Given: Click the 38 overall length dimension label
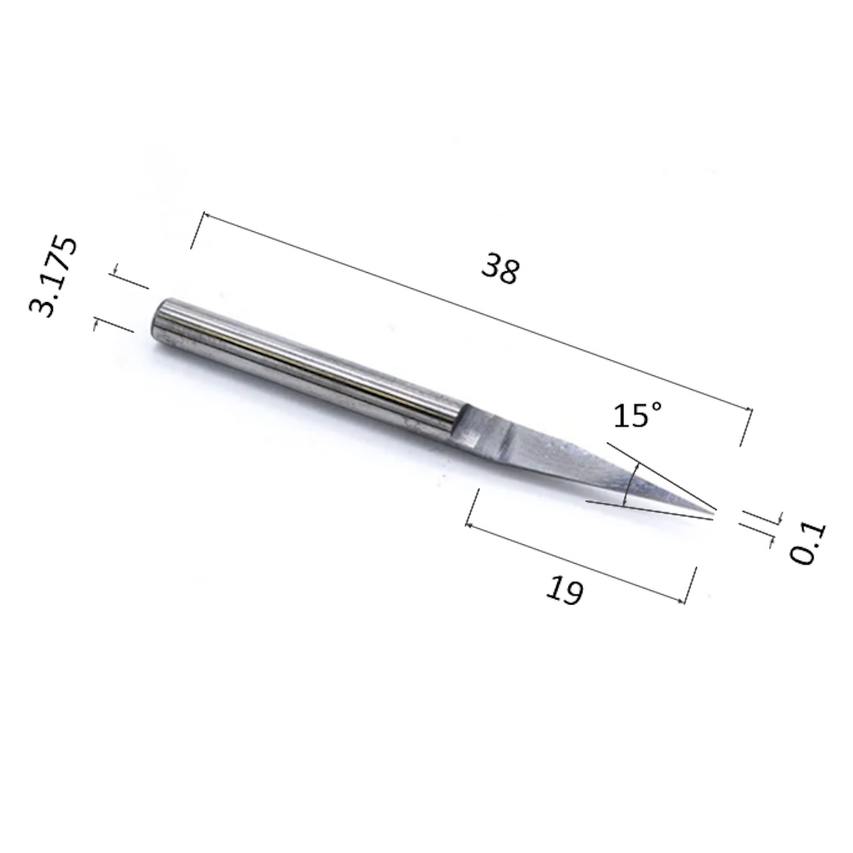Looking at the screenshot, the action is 501,268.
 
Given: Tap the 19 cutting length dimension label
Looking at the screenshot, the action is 565,590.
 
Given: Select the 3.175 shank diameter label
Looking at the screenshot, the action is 53,276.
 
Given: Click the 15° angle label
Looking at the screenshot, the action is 637,415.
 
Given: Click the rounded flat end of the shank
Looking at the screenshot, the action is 160,322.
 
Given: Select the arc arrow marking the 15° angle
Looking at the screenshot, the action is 631,485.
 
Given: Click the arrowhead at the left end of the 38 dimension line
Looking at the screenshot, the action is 206,215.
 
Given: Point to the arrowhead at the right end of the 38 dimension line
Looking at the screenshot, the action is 749,409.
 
